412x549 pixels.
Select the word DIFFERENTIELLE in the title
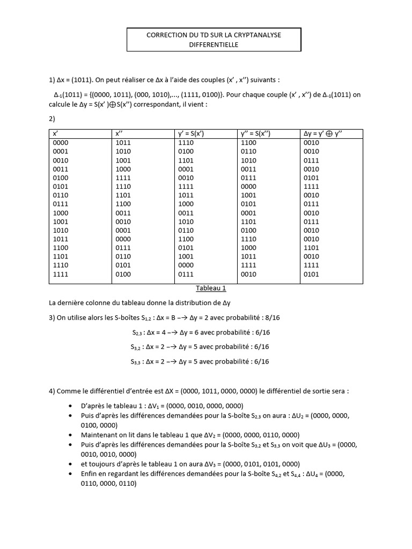(214, 45)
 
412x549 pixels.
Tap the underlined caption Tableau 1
(210, 288)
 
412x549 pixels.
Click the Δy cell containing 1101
(311, 248)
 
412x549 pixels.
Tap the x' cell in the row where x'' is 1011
(61, 143)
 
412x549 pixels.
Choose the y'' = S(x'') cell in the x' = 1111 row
(248, 274)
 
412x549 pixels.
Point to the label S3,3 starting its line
(137, 362)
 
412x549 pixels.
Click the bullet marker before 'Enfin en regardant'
(71, 474)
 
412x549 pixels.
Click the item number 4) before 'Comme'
(53, 391)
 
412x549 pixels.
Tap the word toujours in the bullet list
(102, 464)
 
